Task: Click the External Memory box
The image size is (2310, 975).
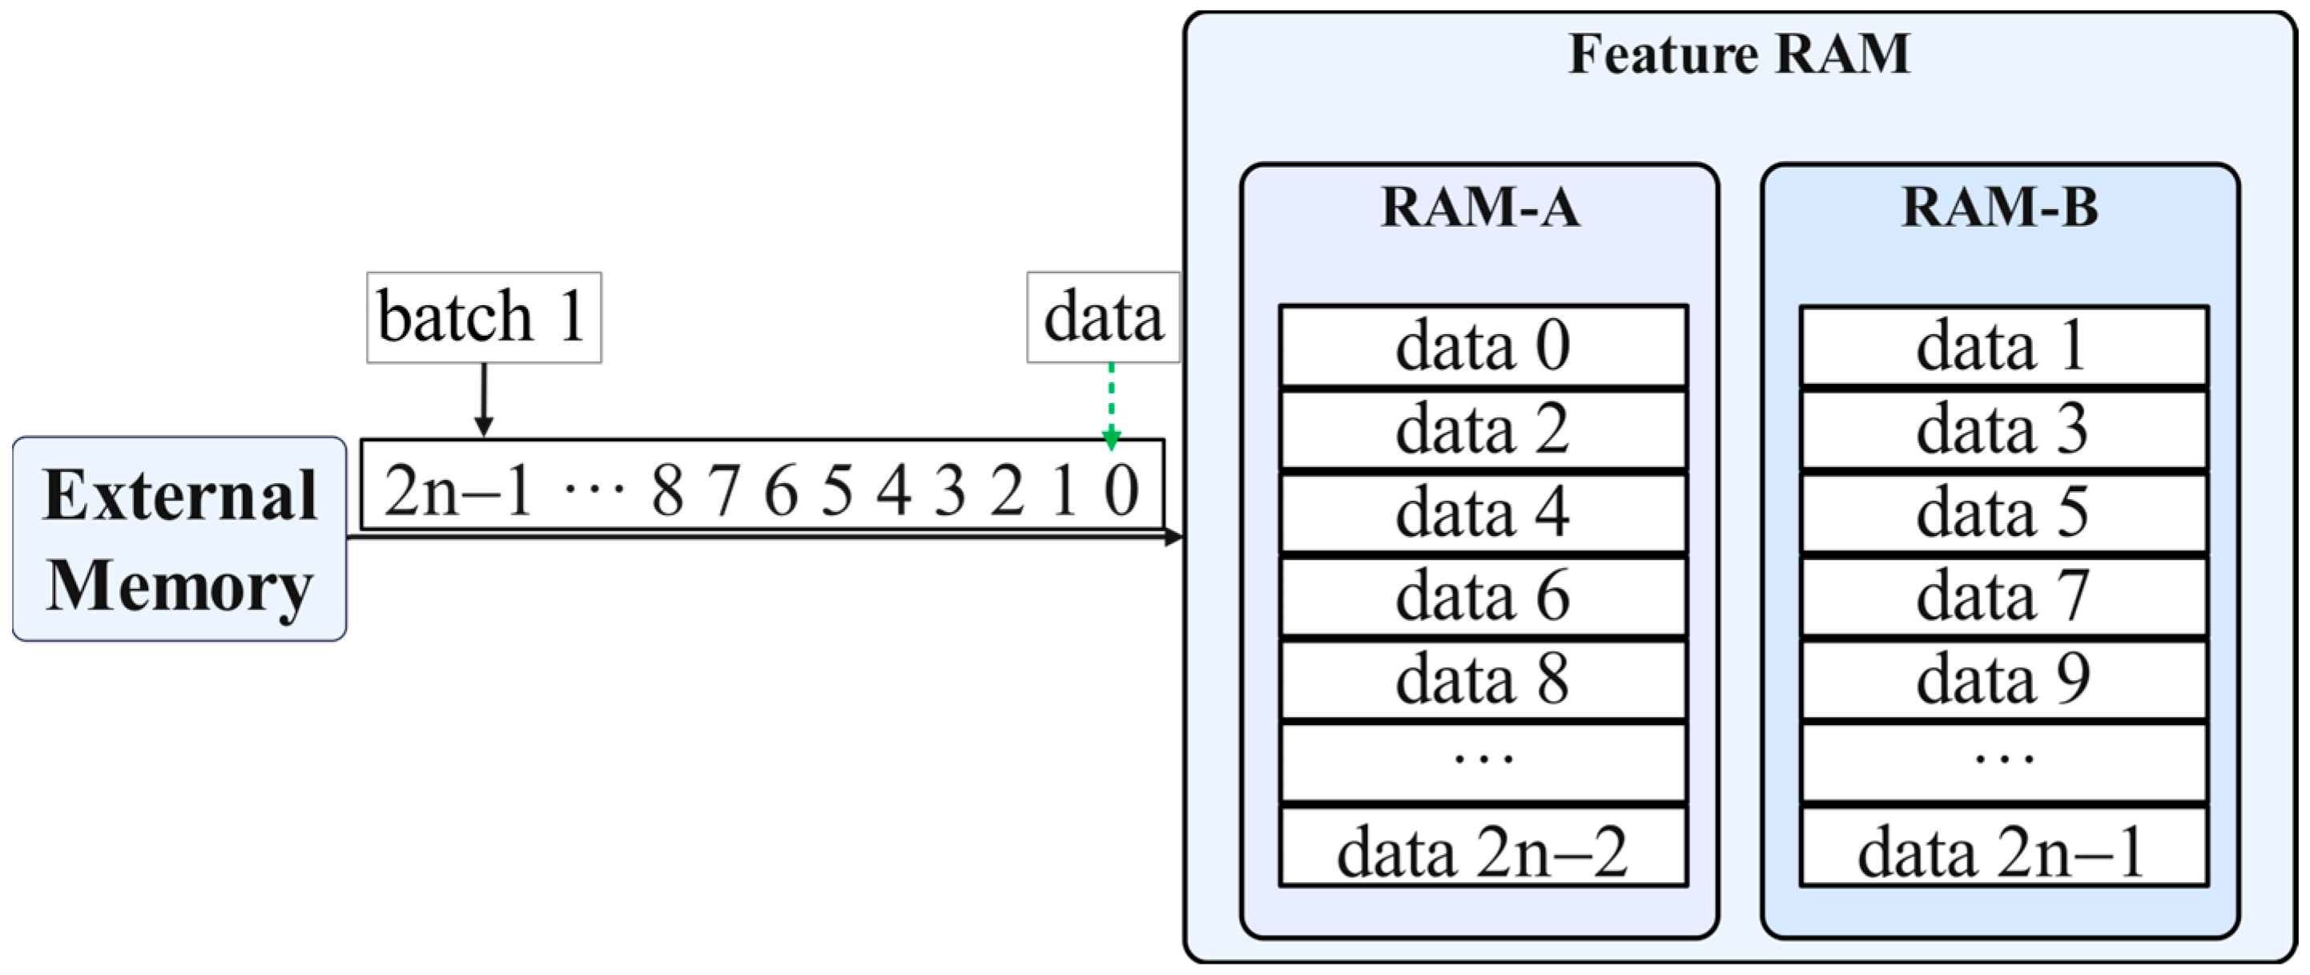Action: [179, 539]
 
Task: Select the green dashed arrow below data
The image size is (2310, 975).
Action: [1111, 404]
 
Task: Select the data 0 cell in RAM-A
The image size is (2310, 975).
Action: [1483, 346]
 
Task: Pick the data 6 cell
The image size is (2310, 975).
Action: [1483, 597]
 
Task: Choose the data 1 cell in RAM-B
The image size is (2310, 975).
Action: [2002, 346]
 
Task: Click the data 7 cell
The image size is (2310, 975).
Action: [2002, 597]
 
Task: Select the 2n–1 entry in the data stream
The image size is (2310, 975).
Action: [458, 490]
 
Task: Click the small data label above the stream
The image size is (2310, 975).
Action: [1102, 317]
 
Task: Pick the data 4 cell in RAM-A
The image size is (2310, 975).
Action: [1483, 513]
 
